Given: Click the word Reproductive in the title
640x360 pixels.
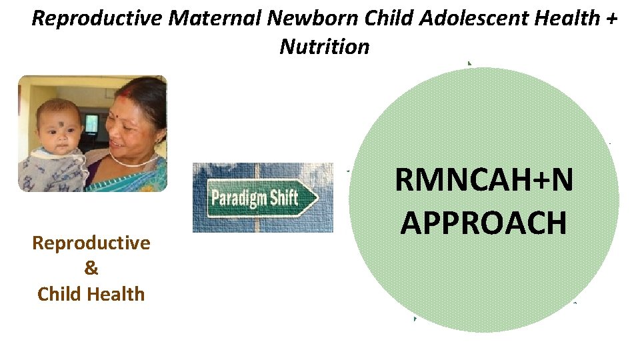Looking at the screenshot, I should click(x=97, y=18).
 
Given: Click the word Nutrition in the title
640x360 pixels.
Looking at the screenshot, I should click(x=325, y=47).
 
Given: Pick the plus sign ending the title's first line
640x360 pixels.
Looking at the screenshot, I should click(x=612, y=19).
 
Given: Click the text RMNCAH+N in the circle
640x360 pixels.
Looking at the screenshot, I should click(x=484, y=181).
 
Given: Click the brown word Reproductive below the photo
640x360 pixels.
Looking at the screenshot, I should click(x=91, y=243).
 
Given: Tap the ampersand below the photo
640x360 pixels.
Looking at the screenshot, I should click(x=91, y=268).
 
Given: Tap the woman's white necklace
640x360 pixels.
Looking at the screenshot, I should click(x=133, y=162).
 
